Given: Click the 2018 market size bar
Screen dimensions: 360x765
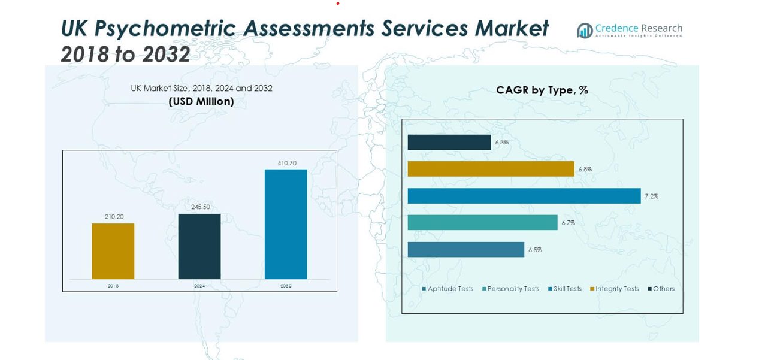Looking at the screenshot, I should point(113,252).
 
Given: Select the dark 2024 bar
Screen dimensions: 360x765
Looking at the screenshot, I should point(199,246).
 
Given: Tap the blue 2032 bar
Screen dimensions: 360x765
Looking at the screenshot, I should point(286,224).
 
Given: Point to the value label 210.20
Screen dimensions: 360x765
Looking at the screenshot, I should point(114,217).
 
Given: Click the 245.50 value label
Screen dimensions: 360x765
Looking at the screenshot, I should point(201,207).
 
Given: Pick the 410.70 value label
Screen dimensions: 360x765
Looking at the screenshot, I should point(287,163).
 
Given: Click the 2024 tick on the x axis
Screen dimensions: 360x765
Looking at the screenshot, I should point(199,286).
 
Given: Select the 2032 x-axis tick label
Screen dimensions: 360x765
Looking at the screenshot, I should point(286,286).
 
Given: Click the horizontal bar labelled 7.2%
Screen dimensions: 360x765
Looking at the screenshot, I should point(524,196).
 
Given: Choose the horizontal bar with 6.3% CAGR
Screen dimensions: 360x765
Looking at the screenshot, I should point(449,142).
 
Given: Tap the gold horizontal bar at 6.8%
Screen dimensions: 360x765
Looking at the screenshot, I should point(491,169).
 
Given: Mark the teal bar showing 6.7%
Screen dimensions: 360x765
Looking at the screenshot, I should point(482,223).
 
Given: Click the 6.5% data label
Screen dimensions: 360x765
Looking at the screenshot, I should point(535,250).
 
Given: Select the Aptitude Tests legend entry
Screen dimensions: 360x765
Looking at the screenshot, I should point(447,289).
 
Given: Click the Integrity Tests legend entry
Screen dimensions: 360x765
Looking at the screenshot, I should point(615,289).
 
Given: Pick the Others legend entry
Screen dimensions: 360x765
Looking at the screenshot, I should point(661,289).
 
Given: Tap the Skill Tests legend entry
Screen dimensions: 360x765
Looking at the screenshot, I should point(565,289).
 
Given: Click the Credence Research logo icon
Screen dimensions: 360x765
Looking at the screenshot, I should point(585,31).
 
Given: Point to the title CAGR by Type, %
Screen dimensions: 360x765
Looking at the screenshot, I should point(542,90).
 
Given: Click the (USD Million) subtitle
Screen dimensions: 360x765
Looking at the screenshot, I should point(201,102).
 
